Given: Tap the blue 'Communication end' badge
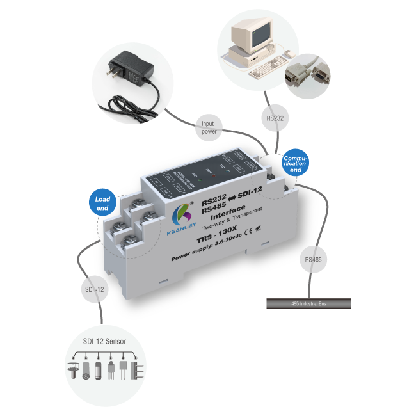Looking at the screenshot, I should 296,163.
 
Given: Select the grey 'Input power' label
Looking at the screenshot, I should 209,127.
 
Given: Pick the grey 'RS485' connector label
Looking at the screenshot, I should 313,259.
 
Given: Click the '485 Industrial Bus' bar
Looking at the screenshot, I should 309,303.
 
